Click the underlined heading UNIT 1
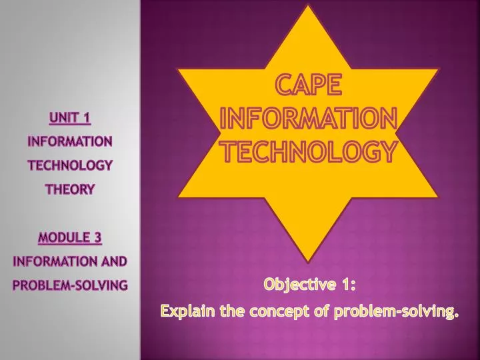click(69, 119)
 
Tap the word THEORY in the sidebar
click(69, 189)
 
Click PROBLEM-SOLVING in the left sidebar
click(69, 285)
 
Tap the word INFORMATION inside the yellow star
click(309, 121)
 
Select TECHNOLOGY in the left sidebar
click(69, 165)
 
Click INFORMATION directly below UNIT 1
click(69, 141)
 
